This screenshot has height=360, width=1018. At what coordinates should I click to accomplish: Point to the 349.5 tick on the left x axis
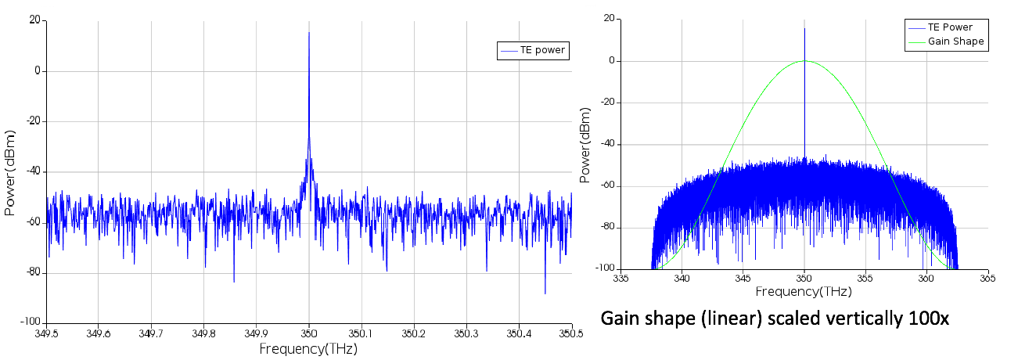(46, 333)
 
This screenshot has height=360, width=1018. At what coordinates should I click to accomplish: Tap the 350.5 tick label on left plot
(571, 333)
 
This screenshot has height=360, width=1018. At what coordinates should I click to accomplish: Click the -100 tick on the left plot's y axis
(28, 322)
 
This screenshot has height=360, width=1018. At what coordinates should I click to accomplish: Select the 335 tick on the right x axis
(621, 278)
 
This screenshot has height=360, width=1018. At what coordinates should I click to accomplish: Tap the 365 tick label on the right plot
(987, 278)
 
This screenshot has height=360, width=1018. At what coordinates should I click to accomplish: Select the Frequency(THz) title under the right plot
(804, 290)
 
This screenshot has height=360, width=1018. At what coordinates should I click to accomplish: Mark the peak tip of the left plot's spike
(309, 33)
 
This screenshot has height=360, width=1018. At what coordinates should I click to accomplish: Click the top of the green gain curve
(804, 61)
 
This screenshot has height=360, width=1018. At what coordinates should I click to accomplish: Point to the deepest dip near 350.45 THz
(545, 293)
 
